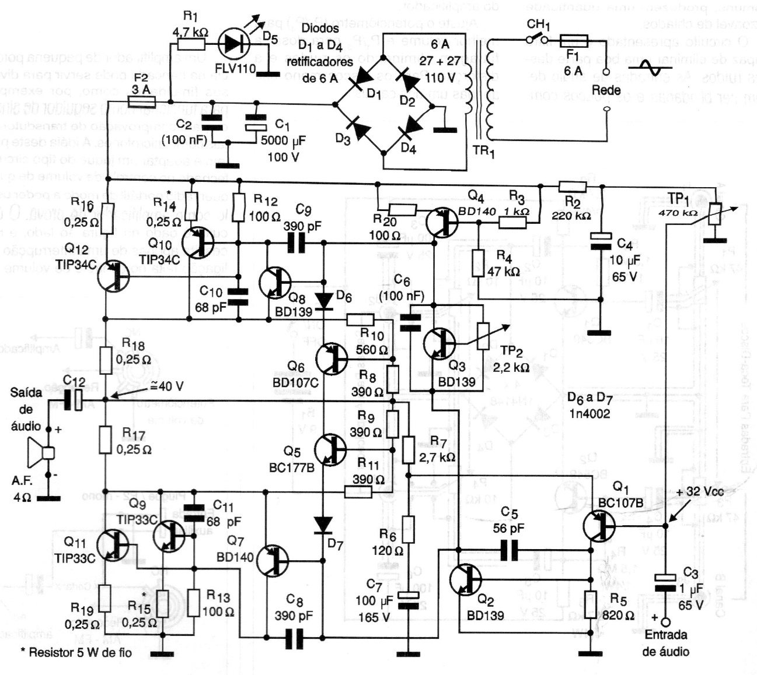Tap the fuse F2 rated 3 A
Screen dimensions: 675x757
[141, 102]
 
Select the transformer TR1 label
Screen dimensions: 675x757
[483, 151]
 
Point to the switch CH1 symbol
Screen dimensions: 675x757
[536, 40]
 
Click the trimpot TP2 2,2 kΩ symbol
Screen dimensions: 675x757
[483, 336]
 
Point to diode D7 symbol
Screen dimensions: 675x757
[322, 525]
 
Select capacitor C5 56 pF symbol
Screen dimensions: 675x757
[509, 550]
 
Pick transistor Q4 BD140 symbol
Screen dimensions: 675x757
[441, 222]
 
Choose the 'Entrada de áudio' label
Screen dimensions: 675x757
[665, 643]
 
